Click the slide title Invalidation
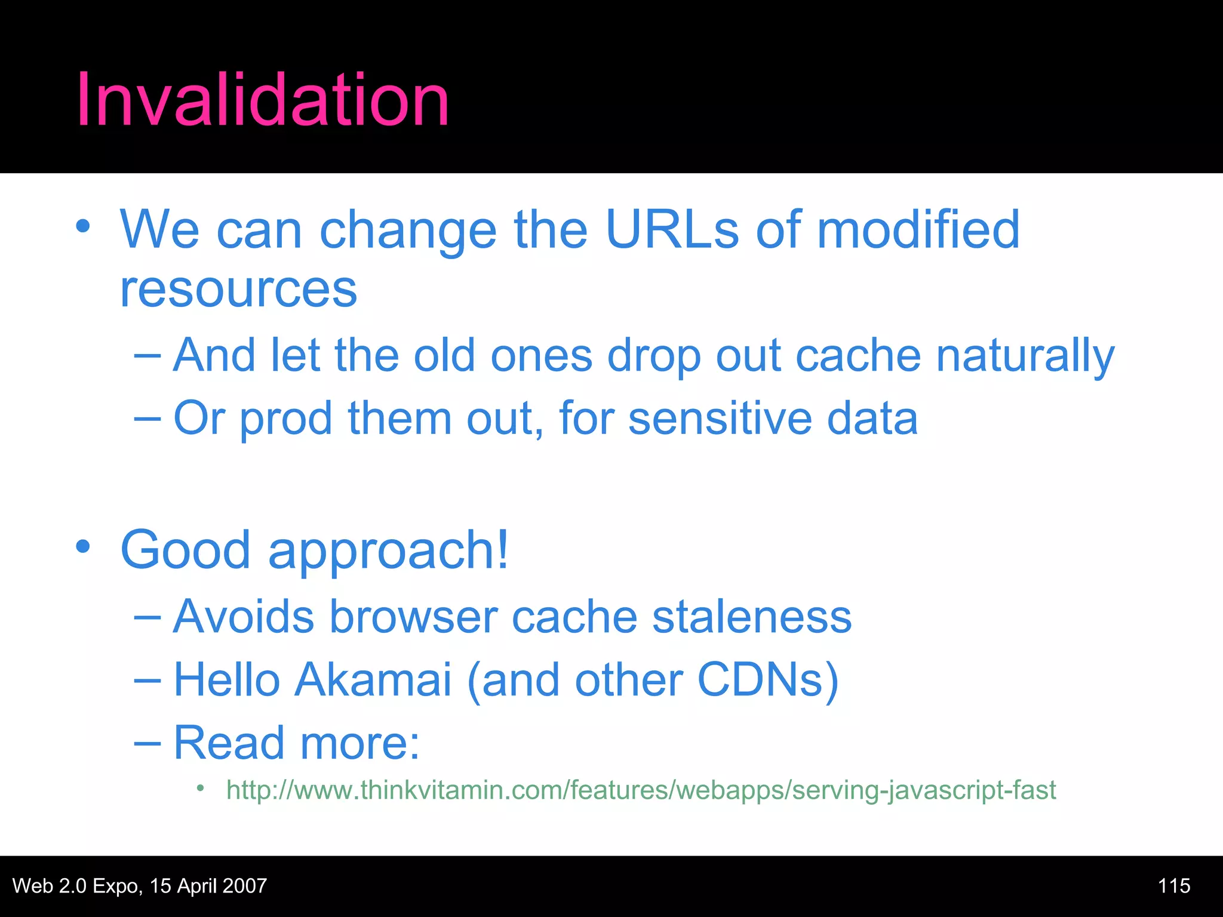263,100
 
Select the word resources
238,290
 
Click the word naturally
1025,356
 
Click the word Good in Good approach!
185,550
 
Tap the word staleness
751,617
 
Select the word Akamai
372,680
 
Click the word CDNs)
768,680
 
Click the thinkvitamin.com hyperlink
641,790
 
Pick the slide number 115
1173,886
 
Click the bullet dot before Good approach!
83,546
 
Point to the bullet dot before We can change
83,226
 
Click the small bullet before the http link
201,789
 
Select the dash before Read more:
148,743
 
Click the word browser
413,617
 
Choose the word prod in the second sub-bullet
285,419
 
